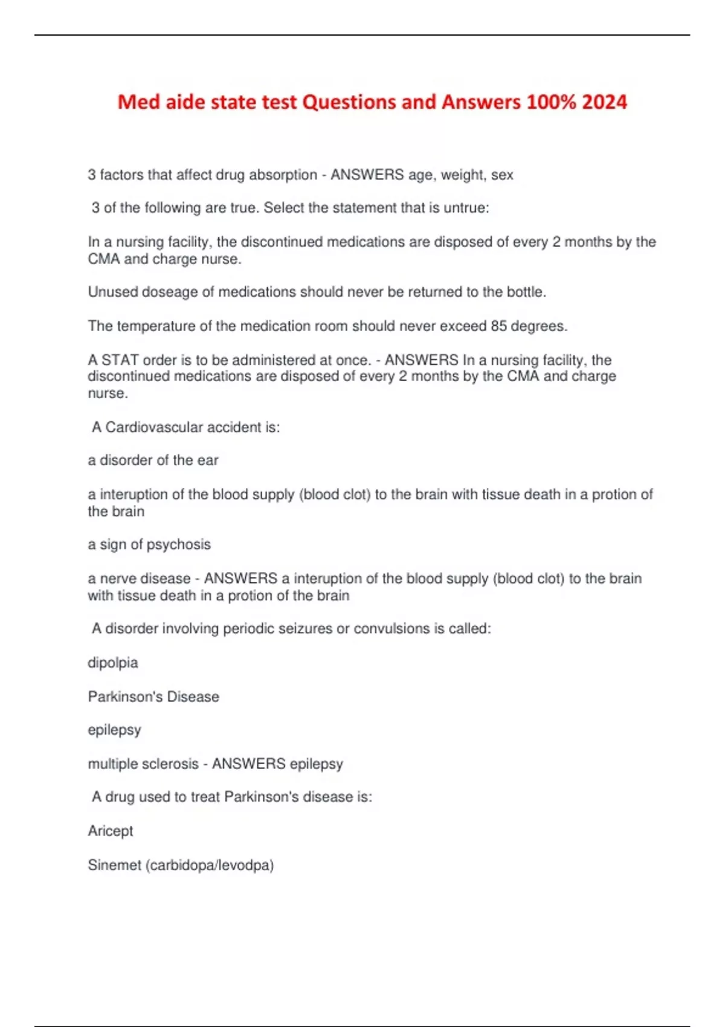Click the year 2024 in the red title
(604, 101)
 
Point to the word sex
(502, 175)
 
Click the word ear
(207, 460)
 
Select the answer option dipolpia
(113, 663)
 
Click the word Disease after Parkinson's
(193, 697)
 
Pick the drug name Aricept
(111, 831)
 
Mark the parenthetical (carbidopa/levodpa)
(210, 865)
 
